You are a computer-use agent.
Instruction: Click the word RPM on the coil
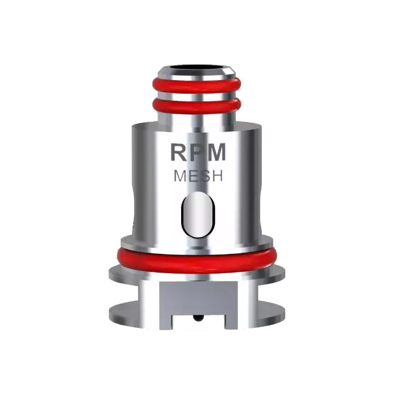point(197,153)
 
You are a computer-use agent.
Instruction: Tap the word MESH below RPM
point(197,176)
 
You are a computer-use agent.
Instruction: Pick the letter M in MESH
point(179,176)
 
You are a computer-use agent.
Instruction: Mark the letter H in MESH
point(217,176)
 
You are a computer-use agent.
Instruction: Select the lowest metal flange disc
point(197,310)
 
